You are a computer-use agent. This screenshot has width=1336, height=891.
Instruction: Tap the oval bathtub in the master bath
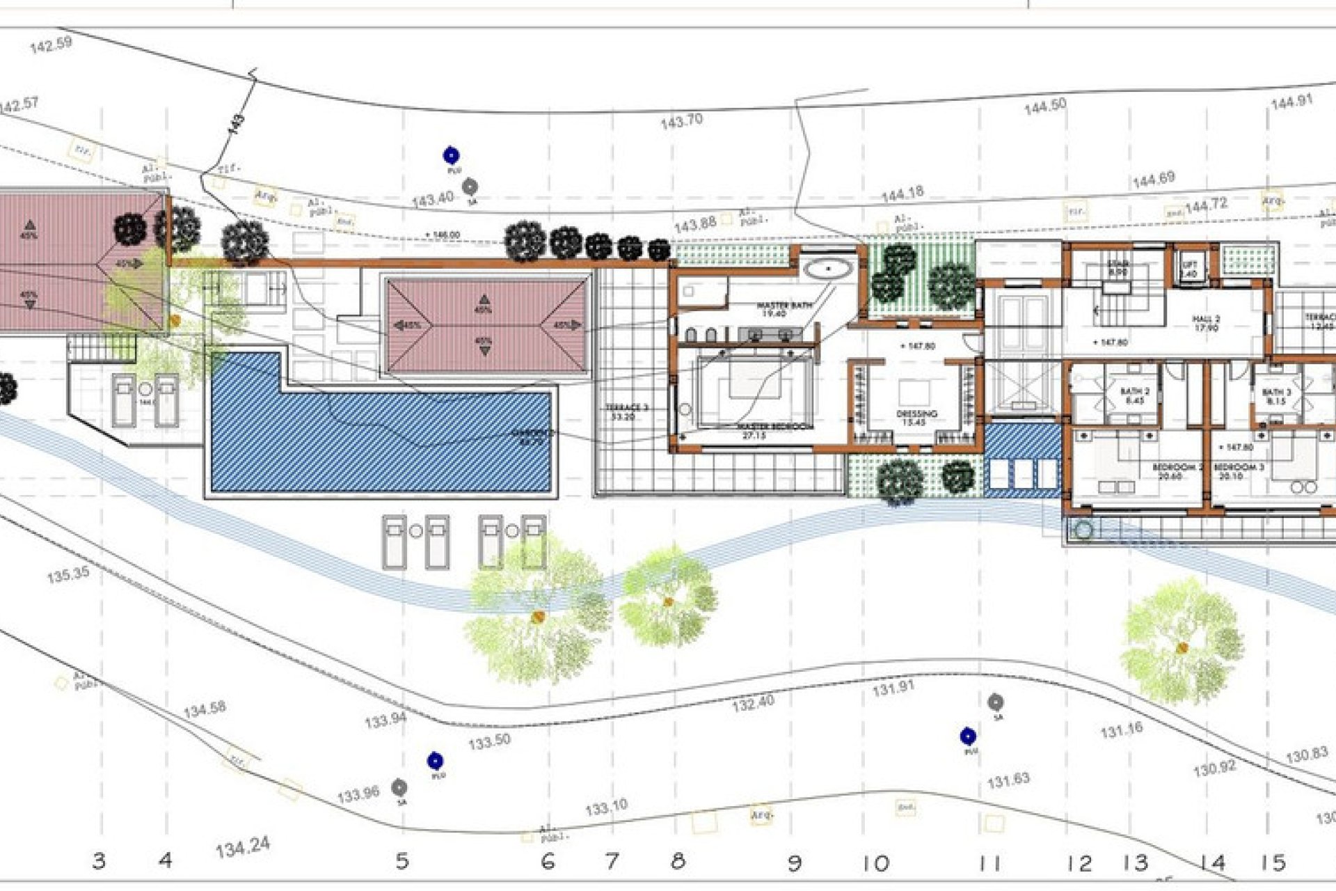(x=827, y=268)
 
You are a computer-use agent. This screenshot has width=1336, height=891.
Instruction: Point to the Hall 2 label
(x=1206, y=323)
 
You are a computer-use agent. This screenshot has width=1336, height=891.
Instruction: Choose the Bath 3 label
(x=1277, y=396)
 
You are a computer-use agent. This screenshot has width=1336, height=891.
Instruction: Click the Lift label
(x=1189, y=269)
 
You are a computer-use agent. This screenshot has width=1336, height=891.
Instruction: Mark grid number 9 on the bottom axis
(x=794, y=864)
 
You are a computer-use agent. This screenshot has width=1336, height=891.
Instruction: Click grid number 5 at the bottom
(x=402, y=861)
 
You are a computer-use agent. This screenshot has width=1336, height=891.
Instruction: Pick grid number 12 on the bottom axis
(x=1079, y=864)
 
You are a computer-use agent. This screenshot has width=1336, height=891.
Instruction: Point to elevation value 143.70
(x=681, y=121)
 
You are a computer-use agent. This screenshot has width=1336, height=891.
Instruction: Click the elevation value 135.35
(x=68, y=575)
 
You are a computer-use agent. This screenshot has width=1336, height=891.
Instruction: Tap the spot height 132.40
(x=753, y=704)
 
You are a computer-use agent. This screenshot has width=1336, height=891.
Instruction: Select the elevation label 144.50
(x=1044, y=106)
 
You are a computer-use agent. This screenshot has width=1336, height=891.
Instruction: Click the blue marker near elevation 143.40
(x=452, y=155)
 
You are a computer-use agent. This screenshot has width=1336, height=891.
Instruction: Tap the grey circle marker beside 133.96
(x=399, y=788)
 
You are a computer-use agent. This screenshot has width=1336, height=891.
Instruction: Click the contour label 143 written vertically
(x=237, y=124)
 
